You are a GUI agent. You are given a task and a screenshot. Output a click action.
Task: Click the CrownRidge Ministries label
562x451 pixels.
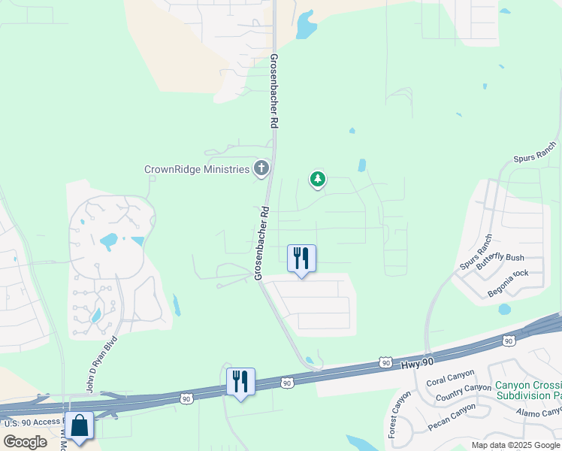(196, 169)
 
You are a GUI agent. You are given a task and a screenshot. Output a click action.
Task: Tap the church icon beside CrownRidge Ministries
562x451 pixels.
(261, 168)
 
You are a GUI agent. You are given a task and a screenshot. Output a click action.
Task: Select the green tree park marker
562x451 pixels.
(318, 179)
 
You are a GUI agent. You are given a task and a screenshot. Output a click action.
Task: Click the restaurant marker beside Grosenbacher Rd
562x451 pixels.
(301, 259)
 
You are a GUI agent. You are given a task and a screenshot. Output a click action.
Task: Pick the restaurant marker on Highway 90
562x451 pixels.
(240, 381)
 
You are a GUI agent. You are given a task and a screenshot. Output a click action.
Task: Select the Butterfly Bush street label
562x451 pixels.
(500, 258)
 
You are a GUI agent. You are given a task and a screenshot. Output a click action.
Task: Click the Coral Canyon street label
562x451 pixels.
(450, 379)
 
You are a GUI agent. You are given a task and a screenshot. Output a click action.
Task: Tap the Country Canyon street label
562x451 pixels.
(464, 392)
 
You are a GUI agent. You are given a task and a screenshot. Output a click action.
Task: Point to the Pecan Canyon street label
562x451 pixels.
(452, 417)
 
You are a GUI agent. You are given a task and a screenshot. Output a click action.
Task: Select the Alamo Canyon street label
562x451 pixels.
(539, 411)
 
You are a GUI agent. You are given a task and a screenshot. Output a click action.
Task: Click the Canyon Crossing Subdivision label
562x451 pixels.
(528, 390)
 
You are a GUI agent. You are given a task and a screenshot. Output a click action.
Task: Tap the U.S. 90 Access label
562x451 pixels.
(32, 422)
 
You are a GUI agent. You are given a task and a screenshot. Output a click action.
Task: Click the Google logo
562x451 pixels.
(26, 442)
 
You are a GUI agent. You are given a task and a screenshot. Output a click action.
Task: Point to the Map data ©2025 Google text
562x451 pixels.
(515, 445)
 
